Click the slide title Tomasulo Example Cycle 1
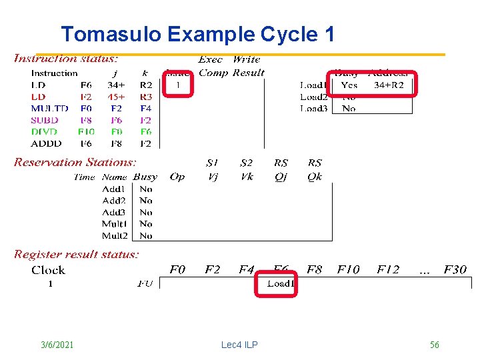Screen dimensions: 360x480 click(x=197, y=34)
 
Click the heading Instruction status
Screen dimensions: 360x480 click(x=66, y=59)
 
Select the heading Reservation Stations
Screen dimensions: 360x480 click(x=75, y=162)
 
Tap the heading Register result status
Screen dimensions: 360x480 click(x=77, y=254)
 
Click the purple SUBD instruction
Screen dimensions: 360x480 click(x=45, y=120)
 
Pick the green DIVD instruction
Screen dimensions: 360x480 click(x=45, y=132)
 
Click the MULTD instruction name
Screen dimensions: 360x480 click(x=49, y=108)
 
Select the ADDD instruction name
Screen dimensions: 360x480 click(x=46, y=143)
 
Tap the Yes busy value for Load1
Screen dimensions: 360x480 click(x=349, y=85)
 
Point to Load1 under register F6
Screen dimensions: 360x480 click(x=281, y=284)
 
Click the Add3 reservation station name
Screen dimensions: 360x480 click(x=113, y=212)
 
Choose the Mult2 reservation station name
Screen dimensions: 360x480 click(x=115, y=235)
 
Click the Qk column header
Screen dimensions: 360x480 click(x=315, y=177)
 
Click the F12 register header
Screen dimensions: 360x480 click(x=388, y=270)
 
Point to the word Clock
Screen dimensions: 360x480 click(x=48, y=270)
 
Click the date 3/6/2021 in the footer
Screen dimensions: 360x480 click(x=57, y=345)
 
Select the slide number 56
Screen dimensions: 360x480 click(x=435, y=345)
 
